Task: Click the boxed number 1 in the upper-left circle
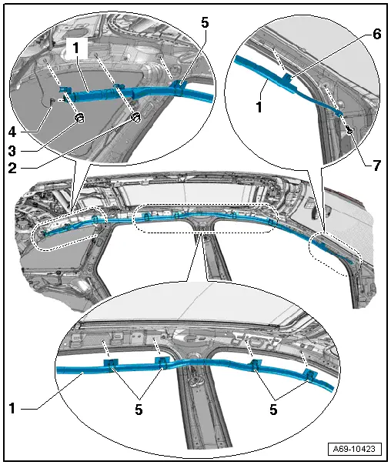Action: pos(76,48)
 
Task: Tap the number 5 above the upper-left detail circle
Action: pos(205,22)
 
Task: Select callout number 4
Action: pos(12,132)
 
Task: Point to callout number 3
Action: pos(12,151)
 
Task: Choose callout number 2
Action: pos(12,169)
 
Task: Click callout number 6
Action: pos(376,35)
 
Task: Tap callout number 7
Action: pos(376,166)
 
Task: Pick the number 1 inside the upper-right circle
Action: pos(259,107)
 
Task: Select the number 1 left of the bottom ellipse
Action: pos(12,408)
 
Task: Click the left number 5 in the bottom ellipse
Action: pos(139,410)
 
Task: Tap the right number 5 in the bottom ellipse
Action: pos(273,410)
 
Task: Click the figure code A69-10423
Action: pos(354,448)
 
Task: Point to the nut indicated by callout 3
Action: pos(79,119)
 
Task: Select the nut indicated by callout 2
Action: pos(135,116)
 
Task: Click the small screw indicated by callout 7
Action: pos(350,129)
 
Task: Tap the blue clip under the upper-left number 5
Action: pos(179,87)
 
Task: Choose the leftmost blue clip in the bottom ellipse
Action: pos(111,363)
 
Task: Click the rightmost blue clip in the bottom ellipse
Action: pos(311,376)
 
